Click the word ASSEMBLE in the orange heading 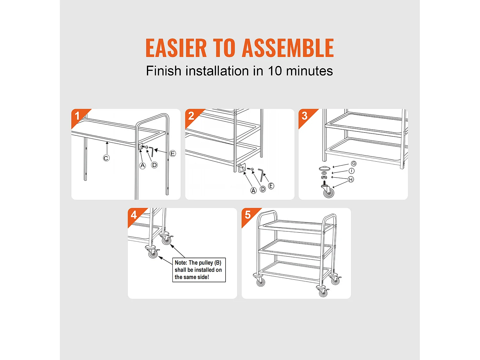[x=288, y=48]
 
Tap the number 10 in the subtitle [x=275, y=71]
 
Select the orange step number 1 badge [x=79, y=117]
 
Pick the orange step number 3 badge [x=306, y=117]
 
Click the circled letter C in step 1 [x=106, y=158]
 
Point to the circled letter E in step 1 [x=172, y=154]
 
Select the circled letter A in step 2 [x=253, y=191]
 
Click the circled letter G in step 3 [x=354, y=164]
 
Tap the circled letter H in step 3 [x=351, y=180]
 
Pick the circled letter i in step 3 [x=351, y=171]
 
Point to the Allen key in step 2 [x=261, y=175]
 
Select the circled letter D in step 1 [x=154, y=165]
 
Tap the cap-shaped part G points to [x=324, y=168]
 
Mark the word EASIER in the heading [x=176, y=48]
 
